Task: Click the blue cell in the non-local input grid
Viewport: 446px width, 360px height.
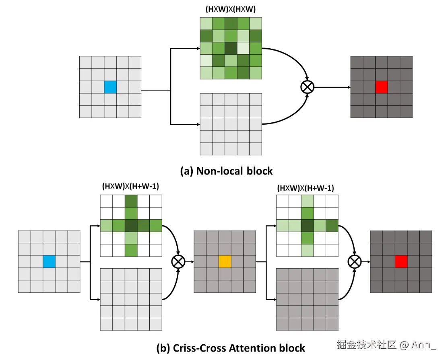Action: point(110,87)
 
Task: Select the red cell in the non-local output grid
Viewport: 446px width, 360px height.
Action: point(382,87)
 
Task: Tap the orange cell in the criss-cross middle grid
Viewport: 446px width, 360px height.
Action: point(225,261)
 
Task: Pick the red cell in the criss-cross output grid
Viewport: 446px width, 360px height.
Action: point(401,261)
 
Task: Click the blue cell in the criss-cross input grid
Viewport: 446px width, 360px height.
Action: point(49,261)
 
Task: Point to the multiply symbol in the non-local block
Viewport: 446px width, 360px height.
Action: point(308,87)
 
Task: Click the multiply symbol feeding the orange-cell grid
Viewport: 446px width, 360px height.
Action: point(178,261)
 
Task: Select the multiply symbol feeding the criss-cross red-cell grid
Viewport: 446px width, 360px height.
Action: point(354,261)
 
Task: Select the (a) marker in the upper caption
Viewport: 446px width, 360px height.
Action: point(186,171)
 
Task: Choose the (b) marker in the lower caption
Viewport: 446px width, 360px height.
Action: point(163,348)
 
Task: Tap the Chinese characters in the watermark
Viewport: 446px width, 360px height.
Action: point(366,345)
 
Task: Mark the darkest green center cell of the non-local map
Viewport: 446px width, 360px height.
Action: point(231,48)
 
